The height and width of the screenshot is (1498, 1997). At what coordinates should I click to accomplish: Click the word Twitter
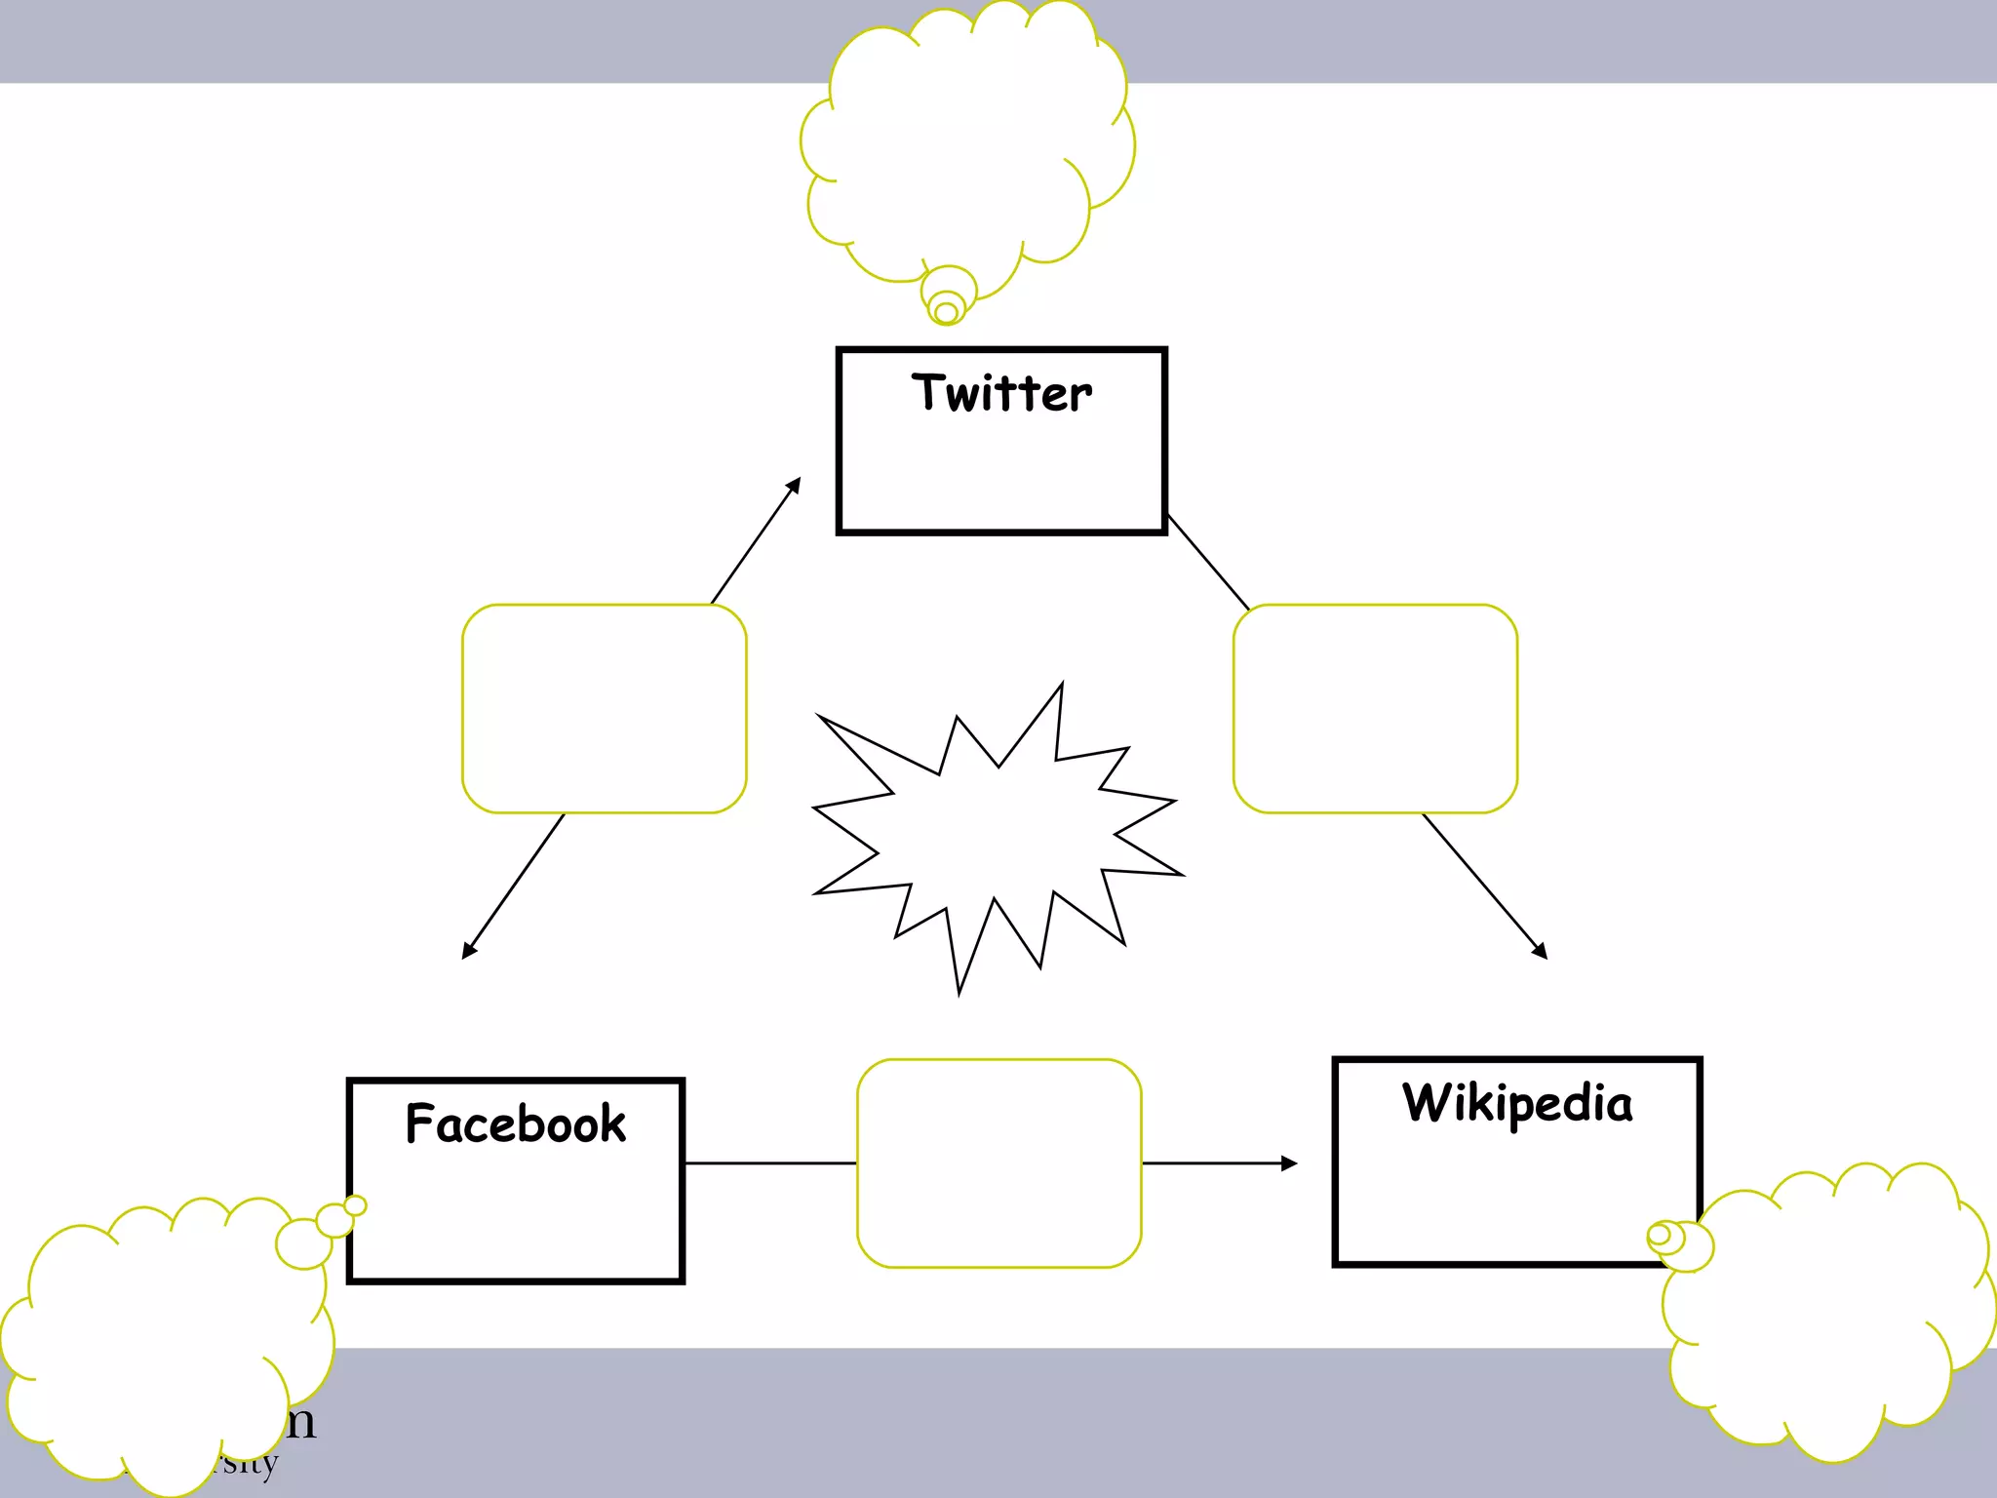[x=1001, y=393]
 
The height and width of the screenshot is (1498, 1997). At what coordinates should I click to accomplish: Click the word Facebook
[x=515, y=1123]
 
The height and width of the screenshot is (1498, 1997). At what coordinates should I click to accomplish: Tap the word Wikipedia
[x=1516, y=1103]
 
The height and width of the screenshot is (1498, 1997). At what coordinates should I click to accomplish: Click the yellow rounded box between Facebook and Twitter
[x=604, y=708]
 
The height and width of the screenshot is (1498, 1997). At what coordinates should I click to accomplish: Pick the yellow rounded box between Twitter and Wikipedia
[x=1375, y=708]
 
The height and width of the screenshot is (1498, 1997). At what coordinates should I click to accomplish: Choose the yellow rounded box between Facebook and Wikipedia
[x=998, y=1163]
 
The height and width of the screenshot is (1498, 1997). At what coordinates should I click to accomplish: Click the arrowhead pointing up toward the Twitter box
[x=794, y=485]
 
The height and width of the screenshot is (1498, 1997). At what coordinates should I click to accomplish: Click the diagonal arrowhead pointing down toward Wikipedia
[x=1540, y=951]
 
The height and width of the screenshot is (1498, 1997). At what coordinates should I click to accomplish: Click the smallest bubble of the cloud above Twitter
[x=946, y=313]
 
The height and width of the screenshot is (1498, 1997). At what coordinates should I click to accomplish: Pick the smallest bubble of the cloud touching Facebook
[x=356, y=1206]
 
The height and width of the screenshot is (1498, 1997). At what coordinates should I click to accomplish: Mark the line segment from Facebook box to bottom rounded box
[x=770, y=1163]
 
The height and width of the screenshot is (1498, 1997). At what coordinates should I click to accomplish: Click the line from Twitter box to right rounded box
[x=1208, y=562]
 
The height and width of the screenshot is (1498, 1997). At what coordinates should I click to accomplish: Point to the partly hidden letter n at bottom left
[x=300, y=1423]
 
